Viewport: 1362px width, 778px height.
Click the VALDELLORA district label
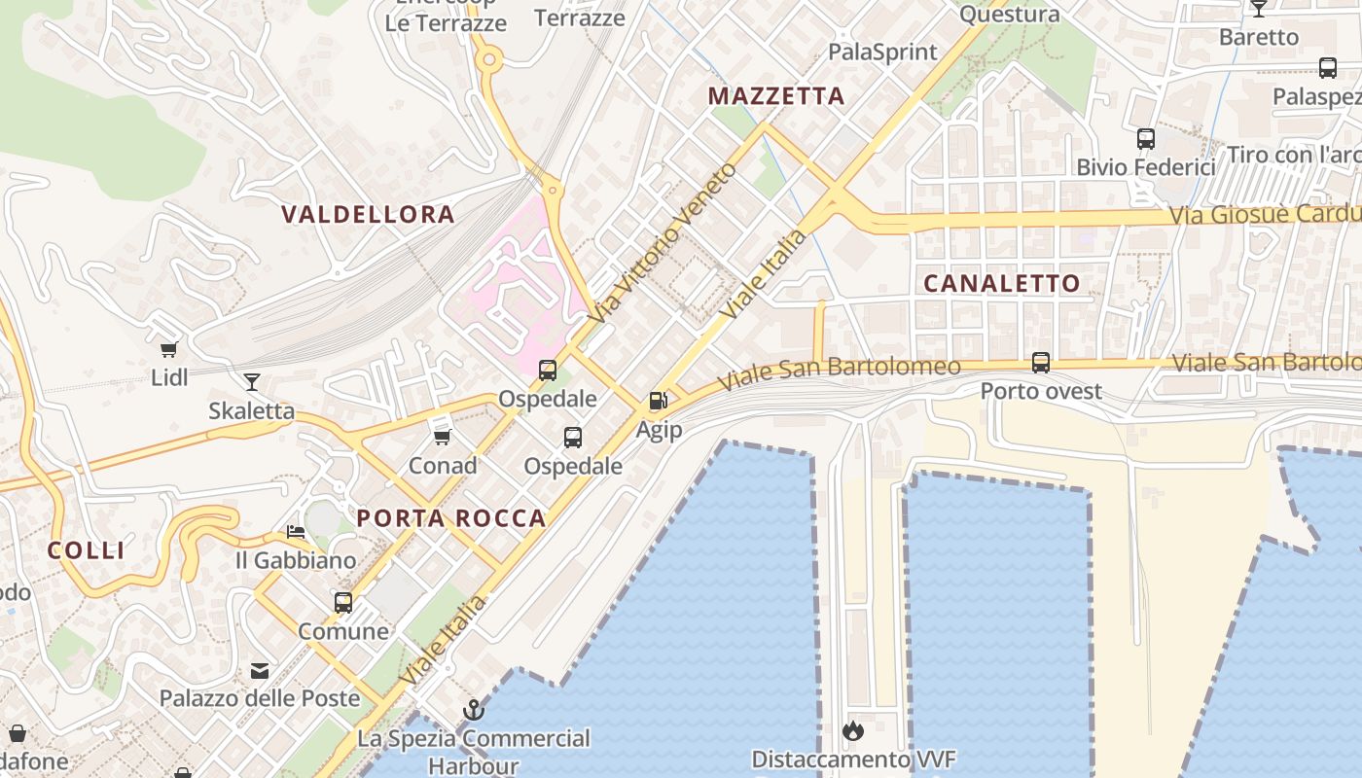(368, 214)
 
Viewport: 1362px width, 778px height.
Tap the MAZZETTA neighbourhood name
(775, 96)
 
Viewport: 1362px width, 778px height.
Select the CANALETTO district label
(1001, 283)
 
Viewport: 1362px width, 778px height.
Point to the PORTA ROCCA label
(451, 518)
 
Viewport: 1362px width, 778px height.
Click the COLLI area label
(87, 550)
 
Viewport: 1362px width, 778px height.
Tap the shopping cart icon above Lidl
(169, 349)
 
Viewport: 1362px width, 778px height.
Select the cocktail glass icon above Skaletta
(252, 381)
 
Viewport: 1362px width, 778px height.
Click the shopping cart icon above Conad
(442, 437)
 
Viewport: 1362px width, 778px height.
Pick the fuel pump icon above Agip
(659, 401)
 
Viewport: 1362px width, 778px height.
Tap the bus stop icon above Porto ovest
(1041, 363)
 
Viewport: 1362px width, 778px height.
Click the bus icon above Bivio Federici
(1146, 139)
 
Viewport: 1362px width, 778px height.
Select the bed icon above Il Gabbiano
(296, 532)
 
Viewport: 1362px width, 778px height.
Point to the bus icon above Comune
(343, 603)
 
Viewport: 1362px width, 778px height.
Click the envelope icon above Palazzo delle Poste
(260, 670)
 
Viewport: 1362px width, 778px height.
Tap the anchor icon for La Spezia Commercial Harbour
(474, 710)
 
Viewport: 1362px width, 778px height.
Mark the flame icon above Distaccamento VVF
(853, 730)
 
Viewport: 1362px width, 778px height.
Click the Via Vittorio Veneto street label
(663, 243)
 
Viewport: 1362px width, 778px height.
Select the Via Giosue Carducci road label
(1265, 213)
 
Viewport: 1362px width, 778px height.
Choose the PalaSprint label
(882, 52)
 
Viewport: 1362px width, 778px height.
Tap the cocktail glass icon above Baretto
(1259, 9)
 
